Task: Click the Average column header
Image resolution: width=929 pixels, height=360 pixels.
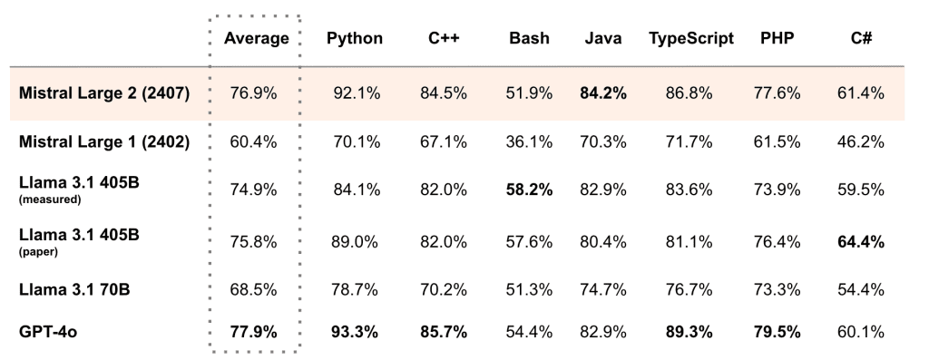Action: [x=255, y=39]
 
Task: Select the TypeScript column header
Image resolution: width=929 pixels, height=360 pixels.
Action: [x=690, y=39]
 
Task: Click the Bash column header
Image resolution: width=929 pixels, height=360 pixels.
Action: [x=529, y=39]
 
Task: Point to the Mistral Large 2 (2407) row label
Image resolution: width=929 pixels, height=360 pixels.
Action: [x=103, y=93]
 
